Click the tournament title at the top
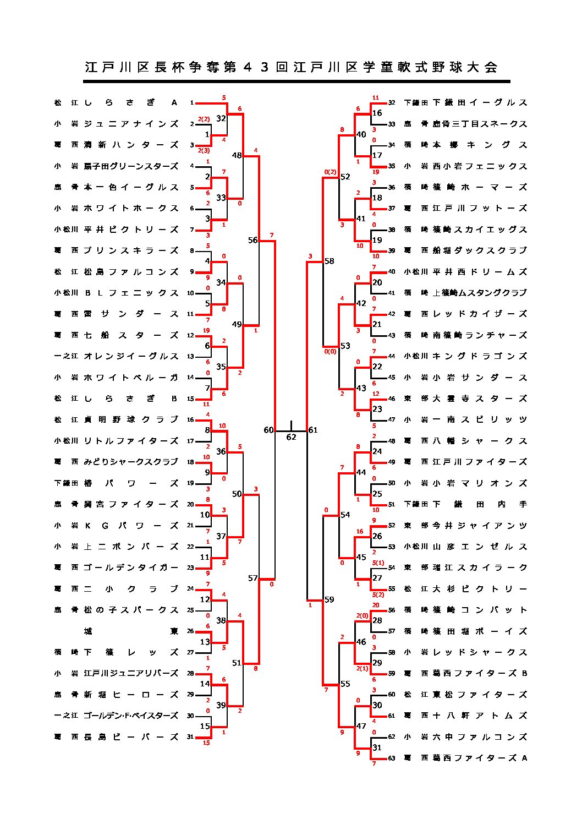tap(291, 67)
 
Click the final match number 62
tap(291, 437)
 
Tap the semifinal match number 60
tap(268, 430)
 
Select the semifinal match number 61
tap(313, 430)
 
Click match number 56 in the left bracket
tap(252, 240)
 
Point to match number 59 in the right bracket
tap(329, 599)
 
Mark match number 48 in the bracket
tap(237, 155)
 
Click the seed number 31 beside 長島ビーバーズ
tap(190, 736)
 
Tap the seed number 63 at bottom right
tap(392, 758)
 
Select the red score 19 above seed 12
tap(206, 330)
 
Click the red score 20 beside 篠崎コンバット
tap(376, 605)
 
